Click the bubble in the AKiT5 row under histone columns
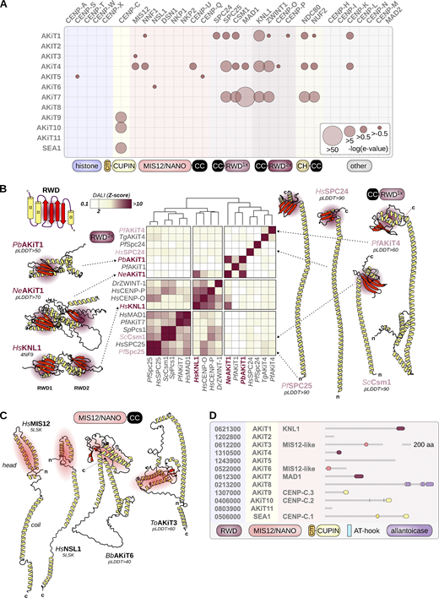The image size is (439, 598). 77,77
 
